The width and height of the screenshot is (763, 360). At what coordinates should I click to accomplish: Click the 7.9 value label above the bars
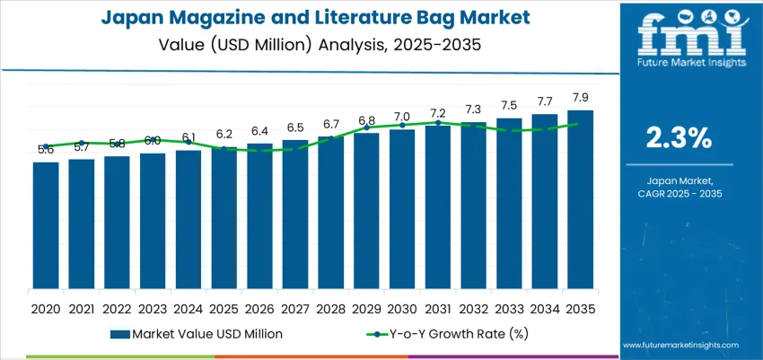click(580, 97)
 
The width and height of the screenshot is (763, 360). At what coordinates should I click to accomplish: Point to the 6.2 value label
click(224, 133)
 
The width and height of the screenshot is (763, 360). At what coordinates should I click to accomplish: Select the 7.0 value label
click(401, 117)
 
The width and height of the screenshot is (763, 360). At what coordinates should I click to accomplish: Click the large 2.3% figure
click(679, 137)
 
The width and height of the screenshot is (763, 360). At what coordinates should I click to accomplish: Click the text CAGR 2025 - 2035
click(679, 193)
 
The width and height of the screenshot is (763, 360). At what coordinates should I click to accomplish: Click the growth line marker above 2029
click(366, 127)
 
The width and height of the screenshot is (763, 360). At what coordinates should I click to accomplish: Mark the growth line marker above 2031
click(437, 123)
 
